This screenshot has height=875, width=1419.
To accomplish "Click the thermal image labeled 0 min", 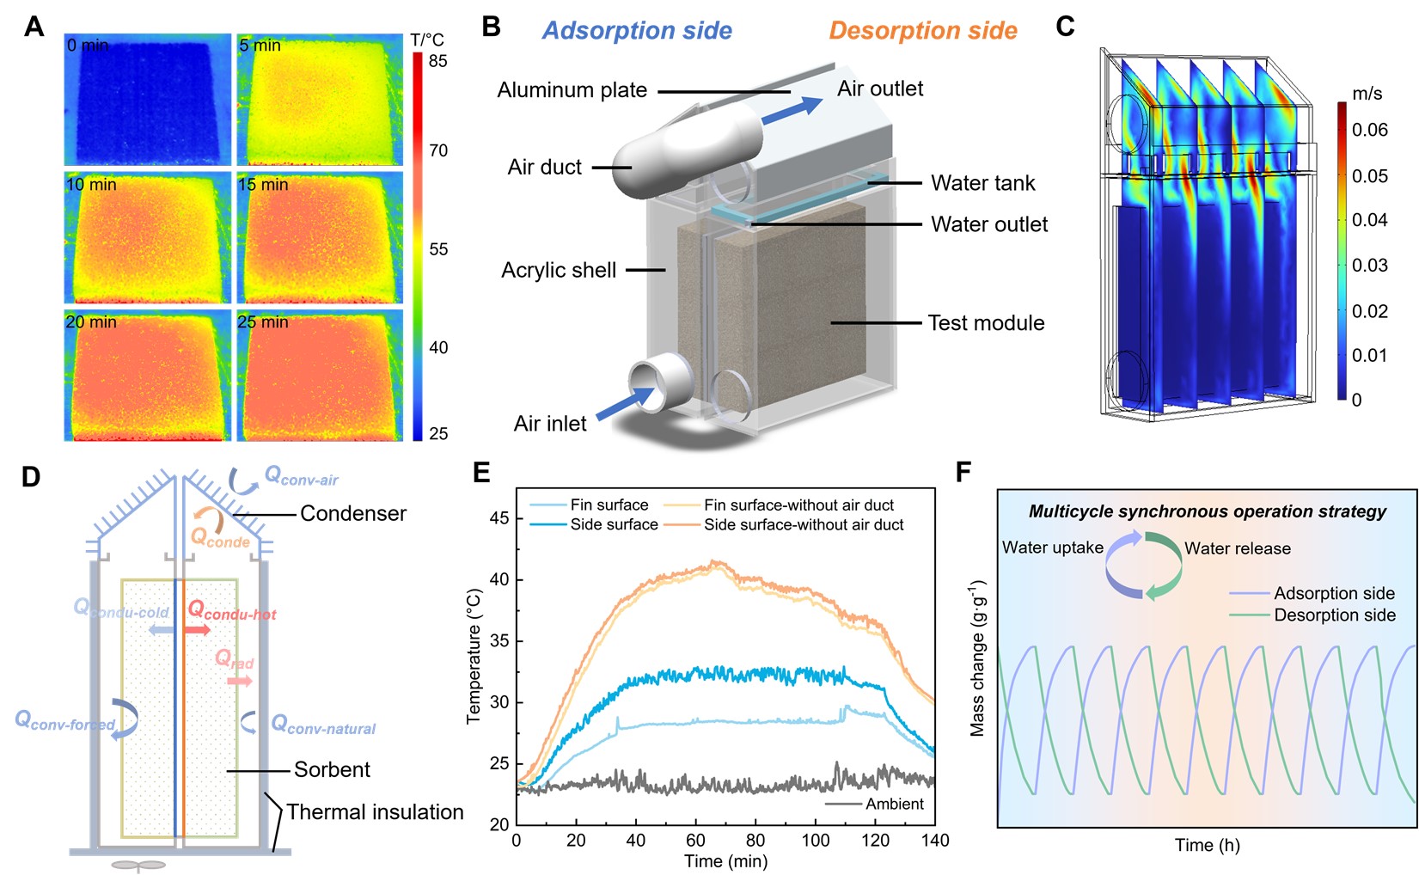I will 147,100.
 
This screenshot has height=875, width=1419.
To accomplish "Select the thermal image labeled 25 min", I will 319,376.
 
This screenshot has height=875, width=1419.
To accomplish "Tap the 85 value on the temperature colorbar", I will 438,61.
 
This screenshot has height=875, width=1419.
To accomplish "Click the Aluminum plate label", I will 572,90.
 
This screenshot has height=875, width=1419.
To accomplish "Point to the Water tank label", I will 982,183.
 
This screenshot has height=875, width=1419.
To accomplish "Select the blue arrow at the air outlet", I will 792,110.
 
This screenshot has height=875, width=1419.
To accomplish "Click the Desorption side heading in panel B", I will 922,31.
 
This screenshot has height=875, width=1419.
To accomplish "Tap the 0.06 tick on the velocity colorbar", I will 1369,130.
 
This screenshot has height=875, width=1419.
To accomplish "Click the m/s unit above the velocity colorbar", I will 1367,94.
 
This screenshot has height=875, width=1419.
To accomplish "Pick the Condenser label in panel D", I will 352,513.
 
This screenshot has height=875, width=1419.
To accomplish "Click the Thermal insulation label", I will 375,811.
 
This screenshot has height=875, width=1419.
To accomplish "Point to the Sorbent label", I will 332,769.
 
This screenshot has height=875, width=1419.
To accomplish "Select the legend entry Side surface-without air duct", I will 803,524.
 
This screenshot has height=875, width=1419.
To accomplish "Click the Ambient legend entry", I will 894,804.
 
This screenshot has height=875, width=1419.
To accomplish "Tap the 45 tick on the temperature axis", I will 499,518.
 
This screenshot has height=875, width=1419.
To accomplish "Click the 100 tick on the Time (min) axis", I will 815,841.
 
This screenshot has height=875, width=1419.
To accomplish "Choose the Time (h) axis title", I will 1207,845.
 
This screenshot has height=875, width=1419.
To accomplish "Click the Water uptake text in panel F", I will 1052,548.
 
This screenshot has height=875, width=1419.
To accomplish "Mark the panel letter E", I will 481,472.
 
